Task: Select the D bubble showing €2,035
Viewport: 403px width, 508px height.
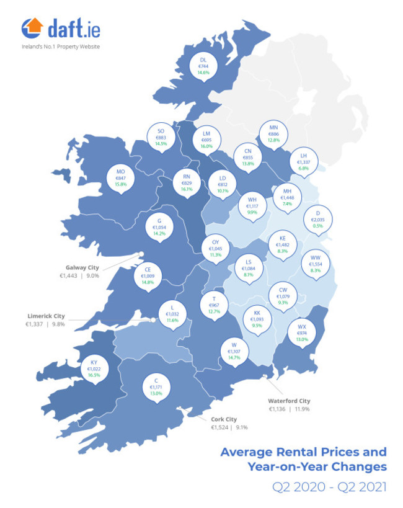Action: [x=318, y=220]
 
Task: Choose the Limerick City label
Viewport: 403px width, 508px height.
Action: [x=45, y=316]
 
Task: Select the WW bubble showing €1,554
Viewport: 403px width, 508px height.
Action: [x=315, y=264]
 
